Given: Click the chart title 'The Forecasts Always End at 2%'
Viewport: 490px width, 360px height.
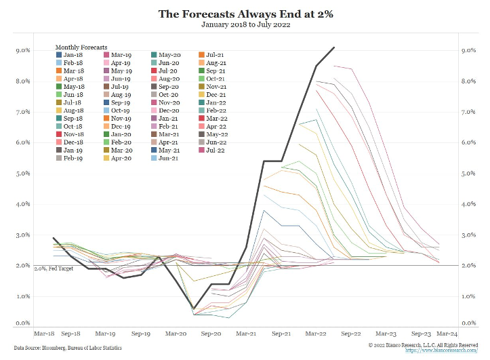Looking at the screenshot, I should coord(245,14).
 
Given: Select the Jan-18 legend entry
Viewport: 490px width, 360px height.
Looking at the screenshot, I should coord(70,54).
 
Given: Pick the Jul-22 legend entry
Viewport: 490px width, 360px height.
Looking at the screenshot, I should coord(216,151).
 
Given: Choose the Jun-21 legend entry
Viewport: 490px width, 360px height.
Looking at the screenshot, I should coord(168,158).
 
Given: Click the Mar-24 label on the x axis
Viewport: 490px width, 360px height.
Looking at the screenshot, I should coord(447,334).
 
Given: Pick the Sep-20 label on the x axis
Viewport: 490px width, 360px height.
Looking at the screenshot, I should coord(211,334).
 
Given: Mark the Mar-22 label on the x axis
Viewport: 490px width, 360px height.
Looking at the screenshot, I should coord(317,334).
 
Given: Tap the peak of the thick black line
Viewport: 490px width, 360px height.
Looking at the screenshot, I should coord(334,47).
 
